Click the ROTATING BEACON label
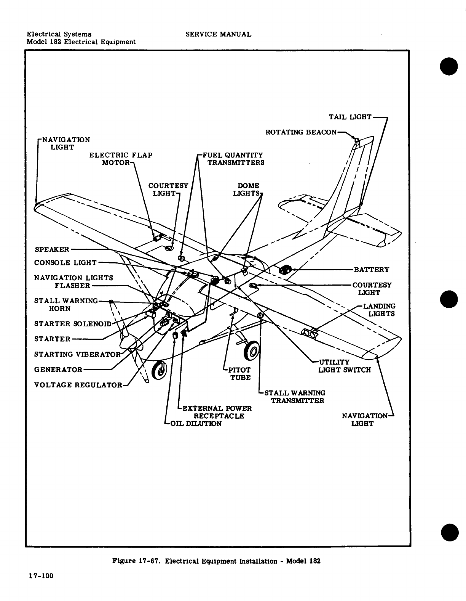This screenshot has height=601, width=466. pyautogui.click(x=301, y=132)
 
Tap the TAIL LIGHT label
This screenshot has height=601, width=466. pyautogui.click(x=350, y=117)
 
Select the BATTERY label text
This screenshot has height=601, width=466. pyautogui.click(x=371, y=270)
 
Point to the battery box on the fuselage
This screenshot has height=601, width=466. pyautogui.click(x=286, y=270)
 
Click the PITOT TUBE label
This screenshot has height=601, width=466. pyautogui.click(x=239, y=374)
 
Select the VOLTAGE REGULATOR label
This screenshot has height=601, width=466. pyautogui.click(x=78, y=385)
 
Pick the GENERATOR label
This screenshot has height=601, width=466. pyautogui.click(x=58, y=370)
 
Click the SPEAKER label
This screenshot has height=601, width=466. pyautogui.click(x=52, y=249)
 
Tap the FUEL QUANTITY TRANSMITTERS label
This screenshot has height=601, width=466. pyautogui.click(x=233, y=159)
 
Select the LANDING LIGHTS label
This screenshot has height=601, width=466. pyautogui.click(x=379, y=310)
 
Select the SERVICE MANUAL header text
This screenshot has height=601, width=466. pyautogui.click(x=218, y=34)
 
